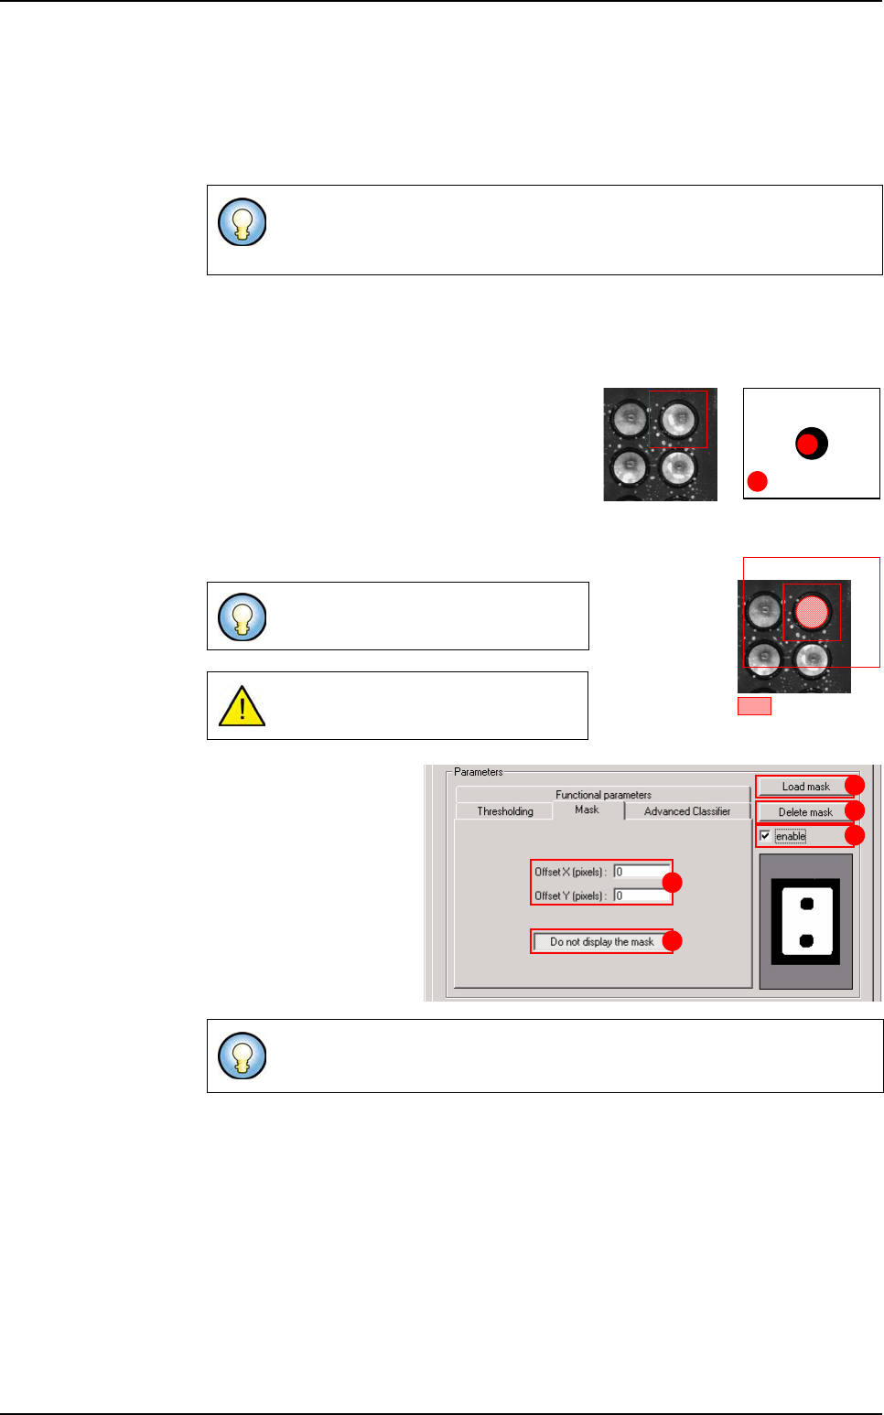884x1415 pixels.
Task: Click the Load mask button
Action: tap(804, 787)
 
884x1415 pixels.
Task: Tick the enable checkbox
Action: tap(765, 836)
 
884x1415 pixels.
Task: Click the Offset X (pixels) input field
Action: tap(641, 872)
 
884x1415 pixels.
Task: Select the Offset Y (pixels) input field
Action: tap(641, 895)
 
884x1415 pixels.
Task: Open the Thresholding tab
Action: tap(504, 811)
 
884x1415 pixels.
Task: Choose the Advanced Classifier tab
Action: tap(686, 811)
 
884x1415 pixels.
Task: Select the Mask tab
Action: tap(588, 809)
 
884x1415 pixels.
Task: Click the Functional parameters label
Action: tap(603, 795)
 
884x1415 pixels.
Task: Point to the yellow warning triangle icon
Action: tap(243, 707)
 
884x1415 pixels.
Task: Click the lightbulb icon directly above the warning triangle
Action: tap(243, 616)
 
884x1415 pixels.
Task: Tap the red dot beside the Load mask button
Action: tap(854, 786)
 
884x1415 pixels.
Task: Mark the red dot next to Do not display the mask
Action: tap(673, 941)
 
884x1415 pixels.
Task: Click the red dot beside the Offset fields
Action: tap(673, 883)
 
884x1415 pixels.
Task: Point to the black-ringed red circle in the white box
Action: tap(810, 444)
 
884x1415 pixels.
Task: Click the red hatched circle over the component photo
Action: tap(812, 612)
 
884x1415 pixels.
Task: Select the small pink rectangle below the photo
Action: tap(754, 706)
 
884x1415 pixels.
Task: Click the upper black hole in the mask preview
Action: tap(806, 905)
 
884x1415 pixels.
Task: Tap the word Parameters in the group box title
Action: tap(478, 772)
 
